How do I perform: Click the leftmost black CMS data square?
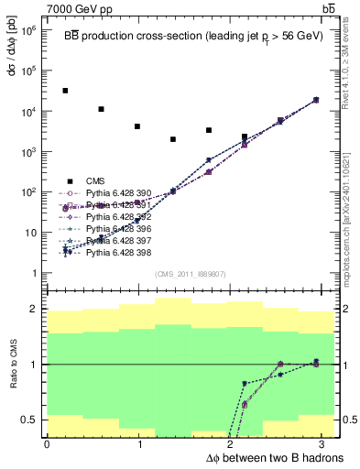click(x=65, y=91)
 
